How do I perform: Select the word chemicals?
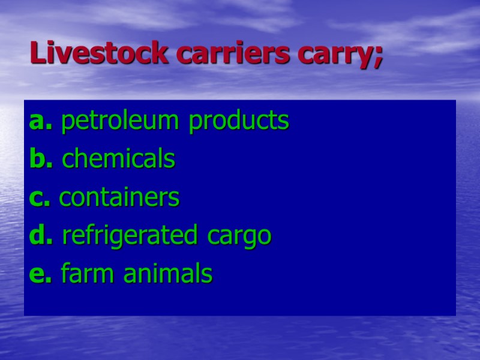tap(119, 160)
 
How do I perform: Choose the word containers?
tap(119, 198)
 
